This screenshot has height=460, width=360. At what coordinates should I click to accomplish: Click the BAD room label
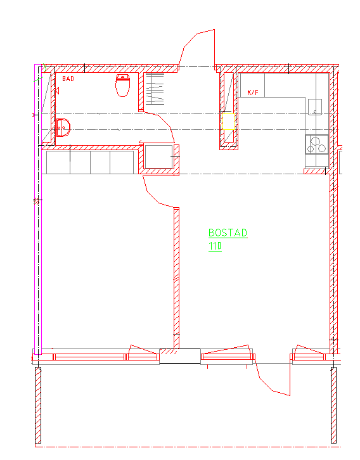pos(68,79)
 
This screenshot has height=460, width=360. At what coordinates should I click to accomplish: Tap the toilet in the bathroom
pos(122,86)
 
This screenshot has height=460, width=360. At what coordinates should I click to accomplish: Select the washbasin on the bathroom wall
pos(63,127)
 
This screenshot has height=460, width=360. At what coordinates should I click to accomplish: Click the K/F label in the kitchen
pos(253,93)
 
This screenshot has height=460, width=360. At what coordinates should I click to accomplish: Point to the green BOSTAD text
pos(228,233)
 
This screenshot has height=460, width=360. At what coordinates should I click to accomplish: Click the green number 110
pos(215,246)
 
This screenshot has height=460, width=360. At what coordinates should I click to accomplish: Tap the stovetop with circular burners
pos(316,144)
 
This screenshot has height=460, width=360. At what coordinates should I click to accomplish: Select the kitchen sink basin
pos(315,107)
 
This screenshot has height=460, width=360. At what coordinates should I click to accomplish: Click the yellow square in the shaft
pos(229,122)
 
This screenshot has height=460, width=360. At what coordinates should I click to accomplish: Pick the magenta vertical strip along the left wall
pos(38,209)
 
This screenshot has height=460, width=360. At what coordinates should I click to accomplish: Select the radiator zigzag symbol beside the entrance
pos(155,89)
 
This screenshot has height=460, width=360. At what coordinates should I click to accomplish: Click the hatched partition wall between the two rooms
pos(176,278)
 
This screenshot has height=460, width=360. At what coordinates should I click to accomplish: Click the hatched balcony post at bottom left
pos(38,405)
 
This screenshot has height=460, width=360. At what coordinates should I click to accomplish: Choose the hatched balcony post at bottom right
pos(333,405)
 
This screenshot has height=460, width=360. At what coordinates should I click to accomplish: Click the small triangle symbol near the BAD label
pos(57,91)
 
